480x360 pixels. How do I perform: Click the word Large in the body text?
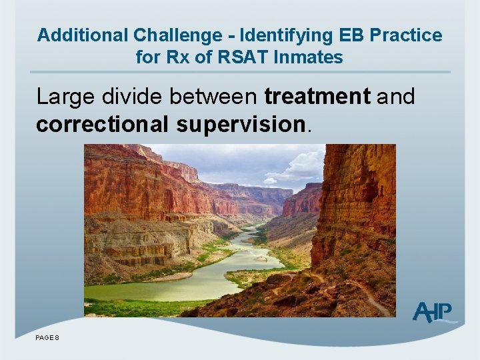[x=64, y=97]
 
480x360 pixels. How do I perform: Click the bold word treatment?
[x=317, y=97]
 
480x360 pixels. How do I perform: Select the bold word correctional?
[x=99, y=125]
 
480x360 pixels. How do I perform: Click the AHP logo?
[x=433, y=312]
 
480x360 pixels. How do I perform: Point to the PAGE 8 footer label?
[x=47, y=338]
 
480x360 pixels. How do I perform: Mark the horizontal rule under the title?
[x=241, y=72]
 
